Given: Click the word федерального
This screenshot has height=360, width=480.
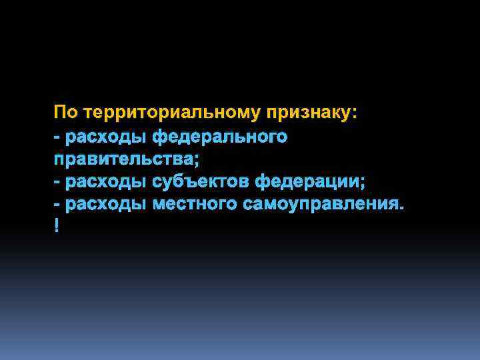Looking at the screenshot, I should tap(219, 137).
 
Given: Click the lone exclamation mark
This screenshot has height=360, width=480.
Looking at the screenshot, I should tap(57, 227).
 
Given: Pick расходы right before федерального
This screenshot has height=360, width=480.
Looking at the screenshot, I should tap(106, 137).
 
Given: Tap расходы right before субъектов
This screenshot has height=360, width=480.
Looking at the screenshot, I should tap(106, 181).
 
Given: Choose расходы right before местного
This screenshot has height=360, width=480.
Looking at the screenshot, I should tap(106, 203).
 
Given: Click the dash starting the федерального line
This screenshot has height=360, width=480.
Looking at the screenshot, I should tap(57, 137).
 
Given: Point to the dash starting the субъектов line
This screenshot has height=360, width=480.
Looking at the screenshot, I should tap(57, 181).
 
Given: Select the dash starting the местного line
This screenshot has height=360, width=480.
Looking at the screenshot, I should tap(57, 203).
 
